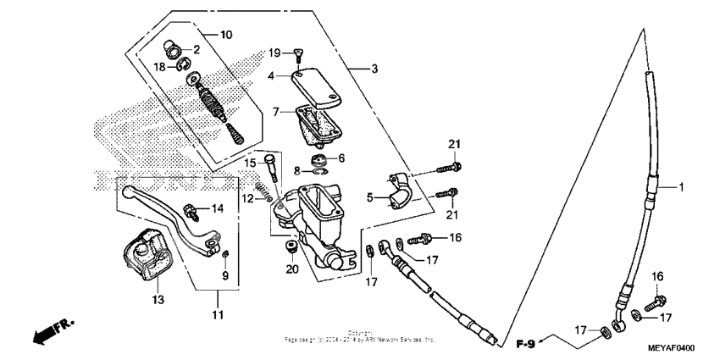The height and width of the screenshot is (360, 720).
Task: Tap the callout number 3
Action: pyautogui.click(x=362, y=68)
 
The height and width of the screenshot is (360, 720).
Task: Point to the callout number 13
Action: pyautogui.click(x=159, y=298)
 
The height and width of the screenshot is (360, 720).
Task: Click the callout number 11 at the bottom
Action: pyautogui.click(x=216, y=315)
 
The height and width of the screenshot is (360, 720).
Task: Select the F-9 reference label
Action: pyautogui.click(x=526, y=343)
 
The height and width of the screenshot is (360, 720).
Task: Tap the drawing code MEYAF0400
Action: pyautogui.click(x=671, y=347)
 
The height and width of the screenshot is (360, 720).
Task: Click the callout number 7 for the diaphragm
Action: pyautogui.click(x=276, y=111)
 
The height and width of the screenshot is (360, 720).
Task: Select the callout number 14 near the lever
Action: pyautogui.click(x=218, y=208)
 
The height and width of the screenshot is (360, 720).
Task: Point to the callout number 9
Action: pyautogui.click(x=224, y=275)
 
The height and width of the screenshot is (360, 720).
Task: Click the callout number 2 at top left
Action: pyautogui.click(x=196, y=50)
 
